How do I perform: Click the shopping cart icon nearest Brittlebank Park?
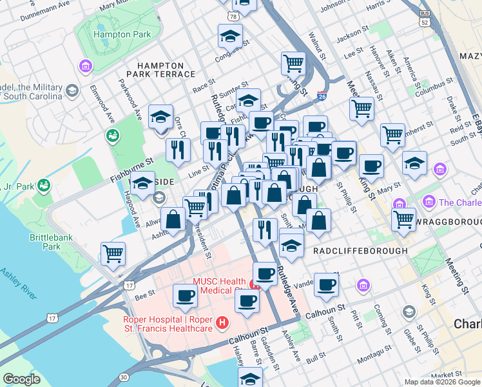[113, 253]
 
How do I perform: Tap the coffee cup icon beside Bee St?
[185, 295]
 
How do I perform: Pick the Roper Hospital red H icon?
[222, 322]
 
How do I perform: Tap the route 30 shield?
[124, 376]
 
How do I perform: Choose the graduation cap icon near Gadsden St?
[251, 377]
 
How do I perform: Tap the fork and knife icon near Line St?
[178, 150]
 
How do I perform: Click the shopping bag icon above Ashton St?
[173, 219]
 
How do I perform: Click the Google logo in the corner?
[21, 379]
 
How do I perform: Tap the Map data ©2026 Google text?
[441, 382]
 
